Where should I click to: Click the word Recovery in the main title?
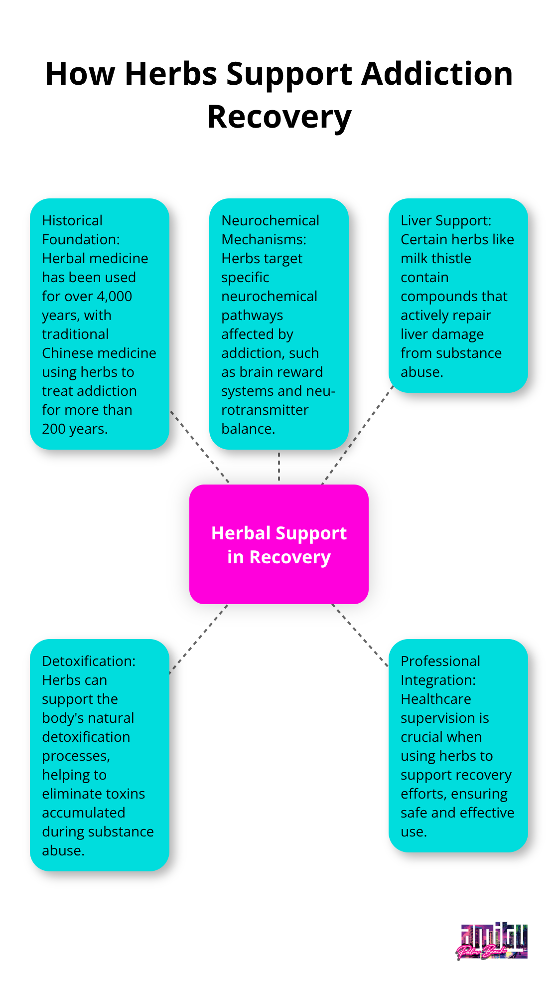pyautogui.click(x=279, y=118)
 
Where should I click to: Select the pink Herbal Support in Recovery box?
pyautogui.click(x=279, y=544)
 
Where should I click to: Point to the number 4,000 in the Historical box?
pyautogui.click(x=114, y=296)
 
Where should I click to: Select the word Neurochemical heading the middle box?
pyautogui.click(x=270, y=220)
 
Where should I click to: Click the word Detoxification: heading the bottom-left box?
pyautogui.click(x=89, y=661)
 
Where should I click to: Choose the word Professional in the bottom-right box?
pyautogui.click(x=440, y=661)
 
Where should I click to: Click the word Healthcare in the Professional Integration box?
pyautogui.click(x=436, y=699)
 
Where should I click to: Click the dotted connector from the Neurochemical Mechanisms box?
pyautogui.click(x=279, y=467)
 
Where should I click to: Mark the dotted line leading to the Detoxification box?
pyautogui.click(x=198, y=639)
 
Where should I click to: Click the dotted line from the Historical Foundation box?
pyautogui.click(x=199, y=447)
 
